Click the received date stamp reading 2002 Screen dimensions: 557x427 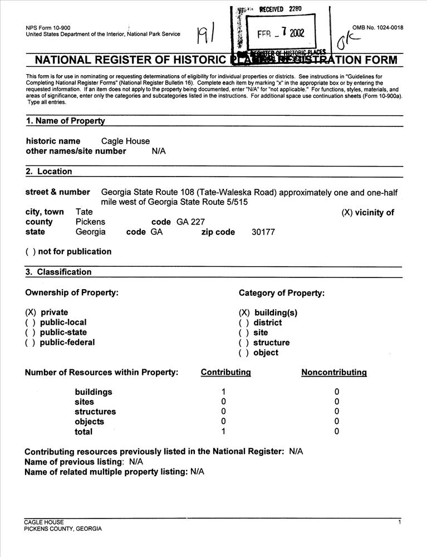[x=281, y=32]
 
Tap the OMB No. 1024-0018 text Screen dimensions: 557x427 [x=377, y=28]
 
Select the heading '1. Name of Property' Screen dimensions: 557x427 [x=65, y=121]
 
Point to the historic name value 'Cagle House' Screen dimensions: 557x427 [x=125, y=141]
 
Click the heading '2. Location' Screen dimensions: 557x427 [x=49, y=172]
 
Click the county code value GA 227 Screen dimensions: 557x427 [x=190, y=222]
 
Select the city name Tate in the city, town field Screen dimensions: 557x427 [x=84, y=212]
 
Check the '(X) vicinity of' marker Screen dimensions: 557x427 [x=367, y=212]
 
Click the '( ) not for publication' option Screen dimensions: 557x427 [x=68, y=251]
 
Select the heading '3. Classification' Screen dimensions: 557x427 [x=58, y=272]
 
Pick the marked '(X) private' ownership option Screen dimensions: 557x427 [x=47, y=312]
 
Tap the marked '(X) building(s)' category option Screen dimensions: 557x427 [x=268, y=313]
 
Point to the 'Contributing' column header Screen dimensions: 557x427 [x=225, y=372]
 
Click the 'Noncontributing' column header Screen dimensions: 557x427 [x=334, y=372]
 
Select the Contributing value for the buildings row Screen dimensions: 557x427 [x=223, y=392]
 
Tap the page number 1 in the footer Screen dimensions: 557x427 [x=399, y=521]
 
